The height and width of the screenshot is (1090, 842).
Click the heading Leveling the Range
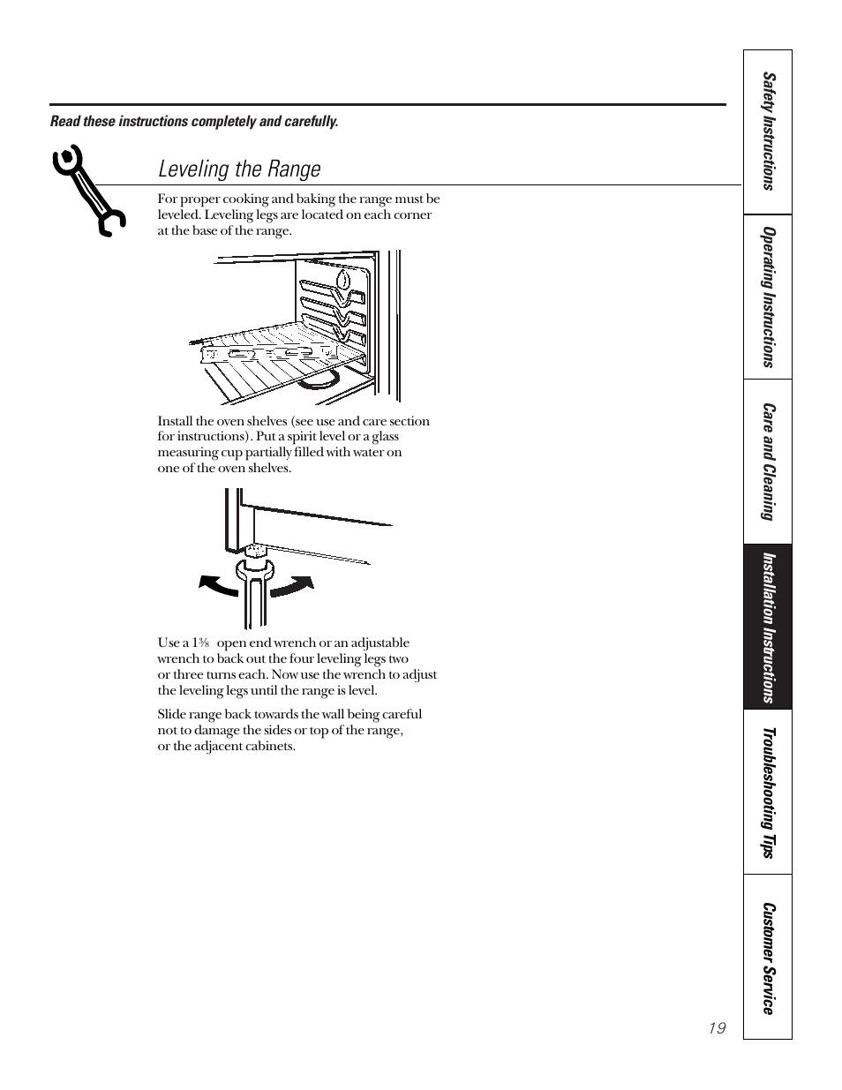(239, 169)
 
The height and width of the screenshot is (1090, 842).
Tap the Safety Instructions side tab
(768, 132)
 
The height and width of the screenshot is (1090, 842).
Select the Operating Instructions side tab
(768, 297)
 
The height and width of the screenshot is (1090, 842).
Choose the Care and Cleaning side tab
(768, 462)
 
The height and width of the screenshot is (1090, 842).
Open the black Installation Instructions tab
(768, 627)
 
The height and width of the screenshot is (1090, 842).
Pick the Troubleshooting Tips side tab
(768, 792)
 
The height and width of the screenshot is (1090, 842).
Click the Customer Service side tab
(768, 958)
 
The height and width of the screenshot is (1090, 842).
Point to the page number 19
(716, 1028)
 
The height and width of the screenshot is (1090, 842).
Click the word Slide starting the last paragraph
(172, 714)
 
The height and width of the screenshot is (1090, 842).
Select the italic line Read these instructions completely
(194, 121)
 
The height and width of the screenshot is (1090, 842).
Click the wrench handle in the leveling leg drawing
(254, 605)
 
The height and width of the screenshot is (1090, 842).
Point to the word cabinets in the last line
(271, 746)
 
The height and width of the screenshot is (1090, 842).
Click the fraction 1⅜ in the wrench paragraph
(202, 643)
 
